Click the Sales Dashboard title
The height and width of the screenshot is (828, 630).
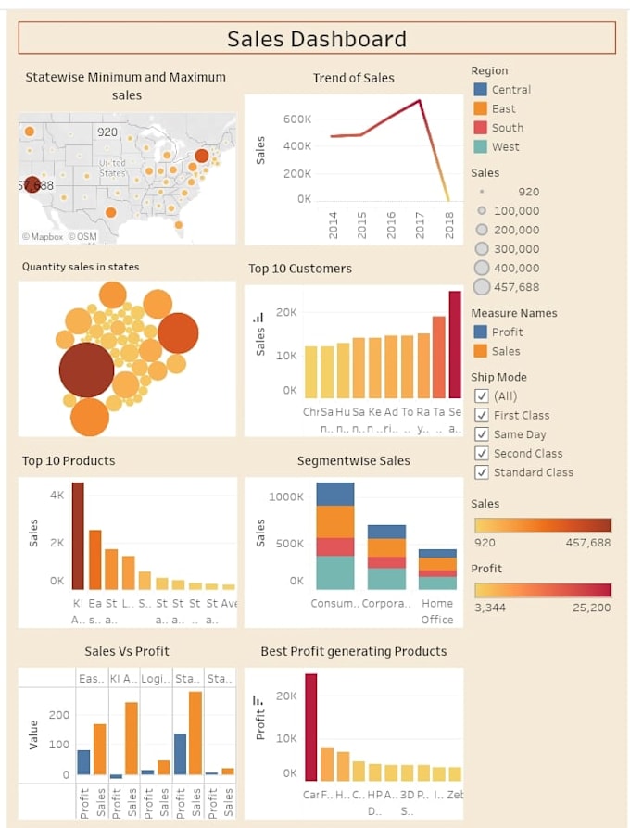tap(317, 39)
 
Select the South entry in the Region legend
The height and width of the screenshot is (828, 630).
tap(507, 128)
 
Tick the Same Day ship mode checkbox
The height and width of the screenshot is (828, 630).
tap(481, 434)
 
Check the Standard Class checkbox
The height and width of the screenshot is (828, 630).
tap(481, 472)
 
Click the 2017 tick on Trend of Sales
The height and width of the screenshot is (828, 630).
tap(420, 224)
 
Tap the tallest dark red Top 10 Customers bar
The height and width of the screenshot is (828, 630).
tap(455, 344)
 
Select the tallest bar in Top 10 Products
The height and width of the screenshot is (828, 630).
tap(78, 535)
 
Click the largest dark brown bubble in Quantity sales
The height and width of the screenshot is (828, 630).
tap(86, 370)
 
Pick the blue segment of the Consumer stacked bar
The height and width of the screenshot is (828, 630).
tap(335, 494)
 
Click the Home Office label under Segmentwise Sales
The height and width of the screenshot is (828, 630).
tap(437, 610)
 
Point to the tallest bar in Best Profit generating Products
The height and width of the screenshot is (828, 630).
tap(310, 723)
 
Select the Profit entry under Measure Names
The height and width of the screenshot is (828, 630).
tap(507, 332)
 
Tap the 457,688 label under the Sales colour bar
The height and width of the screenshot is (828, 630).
tap(588, 543)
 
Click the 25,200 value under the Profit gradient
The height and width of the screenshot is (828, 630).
tap(592, 608)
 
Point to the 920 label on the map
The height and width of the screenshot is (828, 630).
tap(107, 132)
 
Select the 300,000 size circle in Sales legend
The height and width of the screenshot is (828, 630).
tap(481, 248)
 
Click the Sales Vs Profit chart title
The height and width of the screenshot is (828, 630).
tap(127, 651)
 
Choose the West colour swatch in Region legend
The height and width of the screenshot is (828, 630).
tap(480, 146)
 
